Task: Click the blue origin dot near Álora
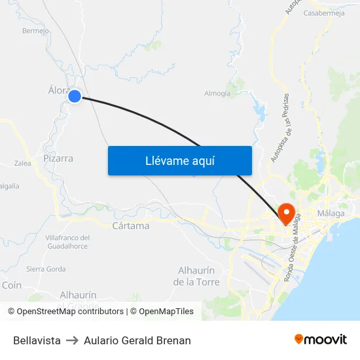tap(75, 96)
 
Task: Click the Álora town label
tap(58, 90)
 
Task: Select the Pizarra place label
tap(58, 158)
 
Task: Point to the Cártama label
tap(131, 226)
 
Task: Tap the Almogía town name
tap(217, 93)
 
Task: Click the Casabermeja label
tap(325, 12)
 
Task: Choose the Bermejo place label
tap(35, 30)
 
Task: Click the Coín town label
tap(12, 285)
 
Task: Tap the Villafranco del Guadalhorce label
tap(67, 242)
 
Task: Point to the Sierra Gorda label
tap(46, 269)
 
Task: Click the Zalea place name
tap(22, 164)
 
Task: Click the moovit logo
tap(320, 340)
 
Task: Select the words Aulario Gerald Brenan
tap(137, 340)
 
